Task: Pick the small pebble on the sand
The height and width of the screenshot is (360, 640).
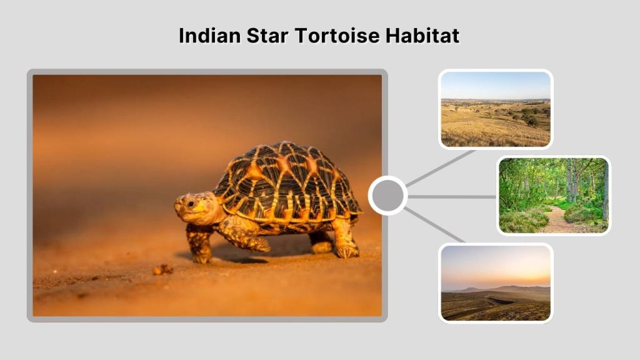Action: tap(162, 269)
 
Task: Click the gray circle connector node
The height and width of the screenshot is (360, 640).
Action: tap(387, 196)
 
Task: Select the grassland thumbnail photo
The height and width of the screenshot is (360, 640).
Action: tap(495, 109)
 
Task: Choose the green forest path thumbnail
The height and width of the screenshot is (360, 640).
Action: tap(553, 195)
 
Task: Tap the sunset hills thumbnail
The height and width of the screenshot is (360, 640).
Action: tap(495, 282)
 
